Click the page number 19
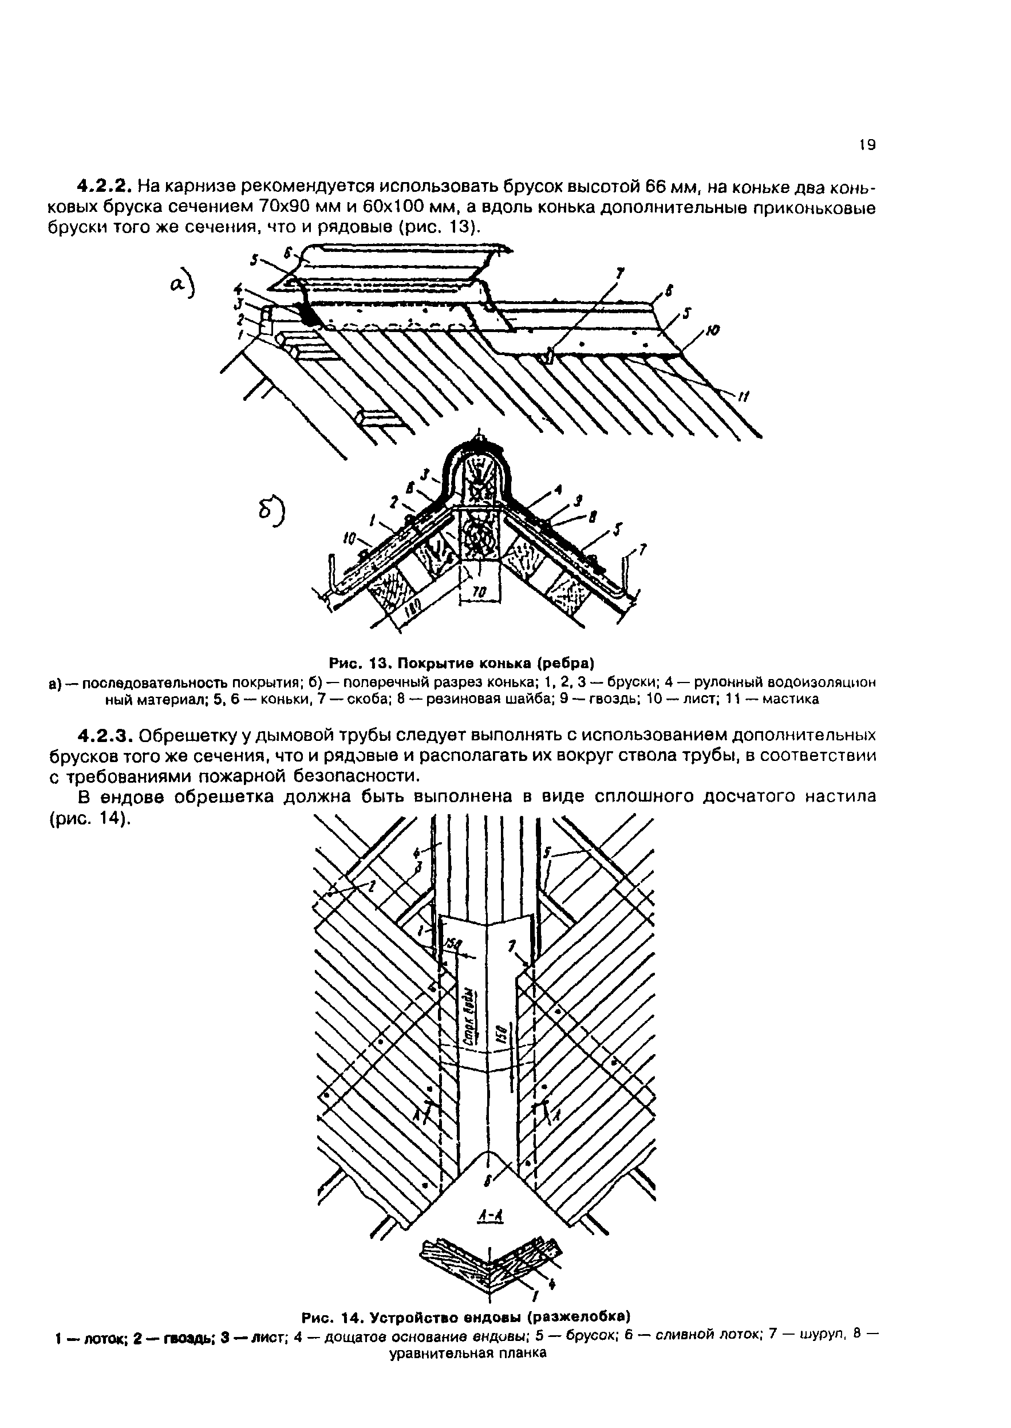pyautogui.click(x=867, y=145)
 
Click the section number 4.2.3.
pyautogui.click(x=104, y=735)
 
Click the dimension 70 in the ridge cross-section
pyautogui.click(x=479, y=593)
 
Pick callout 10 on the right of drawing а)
pyautogui.click(x=713, y=332)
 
